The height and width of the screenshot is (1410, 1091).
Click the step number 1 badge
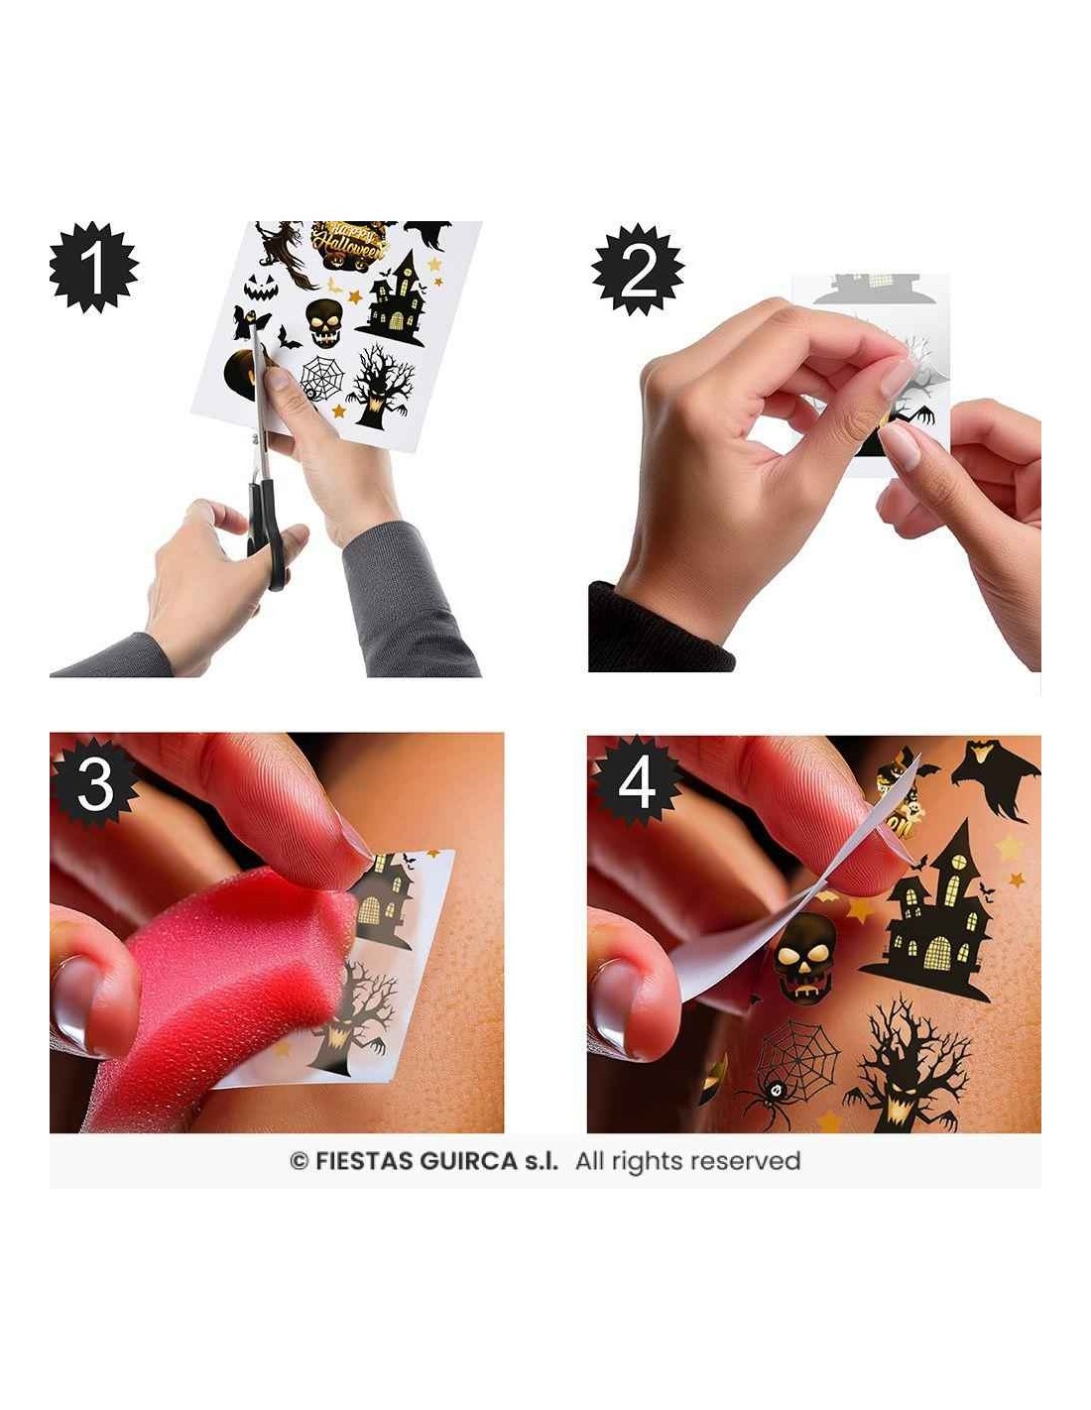click(x=94, y=268)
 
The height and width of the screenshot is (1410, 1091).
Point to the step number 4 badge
click(x=636, y=784)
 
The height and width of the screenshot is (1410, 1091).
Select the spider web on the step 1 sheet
click(x=322, y=378)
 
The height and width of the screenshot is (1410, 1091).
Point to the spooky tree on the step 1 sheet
click(x=380, y=386)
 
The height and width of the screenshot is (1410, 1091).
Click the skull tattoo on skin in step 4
click(x=804, y=954)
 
